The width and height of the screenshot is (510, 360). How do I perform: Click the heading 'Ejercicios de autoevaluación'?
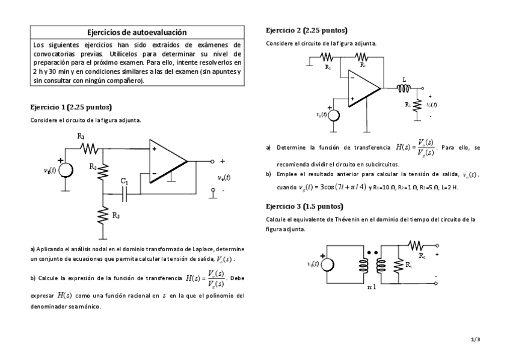point(137,32)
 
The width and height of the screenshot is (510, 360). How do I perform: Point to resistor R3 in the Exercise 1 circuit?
point(103,215)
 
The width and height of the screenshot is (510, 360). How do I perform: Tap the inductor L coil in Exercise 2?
point(404,89)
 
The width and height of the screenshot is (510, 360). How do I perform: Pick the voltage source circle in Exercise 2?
point(333,115)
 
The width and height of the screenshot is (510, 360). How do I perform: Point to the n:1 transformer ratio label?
point(371,288)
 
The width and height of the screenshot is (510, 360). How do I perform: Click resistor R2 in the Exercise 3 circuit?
point(416,245)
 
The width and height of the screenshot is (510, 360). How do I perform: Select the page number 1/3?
point(475,340)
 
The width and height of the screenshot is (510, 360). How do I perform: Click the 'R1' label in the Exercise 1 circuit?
point(81,137)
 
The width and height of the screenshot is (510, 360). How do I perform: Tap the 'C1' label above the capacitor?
point(124,180)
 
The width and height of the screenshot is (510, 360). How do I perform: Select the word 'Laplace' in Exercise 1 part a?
point(200,249)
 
